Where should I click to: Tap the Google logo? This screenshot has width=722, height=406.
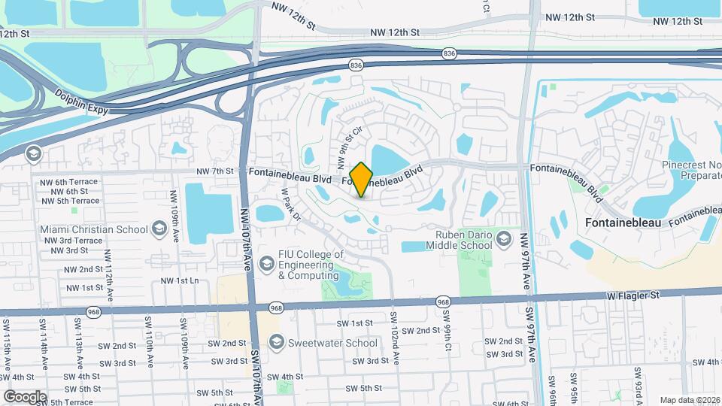pyautogui.click(x=25, y=397)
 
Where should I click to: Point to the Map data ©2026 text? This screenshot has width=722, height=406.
pyautogui.click(x=689, y=400)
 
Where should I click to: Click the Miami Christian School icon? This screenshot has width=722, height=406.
pyautogui.click(x=159, y=228)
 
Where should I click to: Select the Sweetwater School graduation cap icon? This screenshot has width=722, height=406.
pyautogui.click(x=276, y=343)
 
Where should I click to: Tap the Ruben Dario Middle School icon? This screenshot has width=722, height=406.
pyautogui.click(x=503, y=240)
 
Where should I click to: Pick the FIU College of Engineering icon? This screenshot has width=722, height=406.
pyautogui.click(x=266, y=264)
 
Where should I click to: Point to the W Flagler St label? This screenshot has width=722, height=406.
pyautogui.click(x=633, y=296)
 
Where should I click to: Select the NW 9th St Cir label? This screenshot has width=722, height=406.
pyautogui.click(x=345, y=147)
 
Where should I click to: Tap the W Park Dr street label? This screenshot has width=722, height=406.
pyautogui.click(x=291, y=205)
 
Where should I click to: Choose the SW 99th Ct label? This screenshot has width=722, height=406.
pyautogui.click(x=447, y=336)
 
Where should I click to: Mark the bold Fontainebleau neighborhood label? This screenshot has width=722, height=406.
pyautogui.click(x=623, y=223)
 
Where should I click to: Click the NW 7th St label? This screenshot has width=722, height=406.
pyautogui.click(x=215, y=171)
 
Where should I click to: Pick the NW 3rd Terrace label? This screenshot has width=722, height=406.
pyautogui.click(x=73, y=241)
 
